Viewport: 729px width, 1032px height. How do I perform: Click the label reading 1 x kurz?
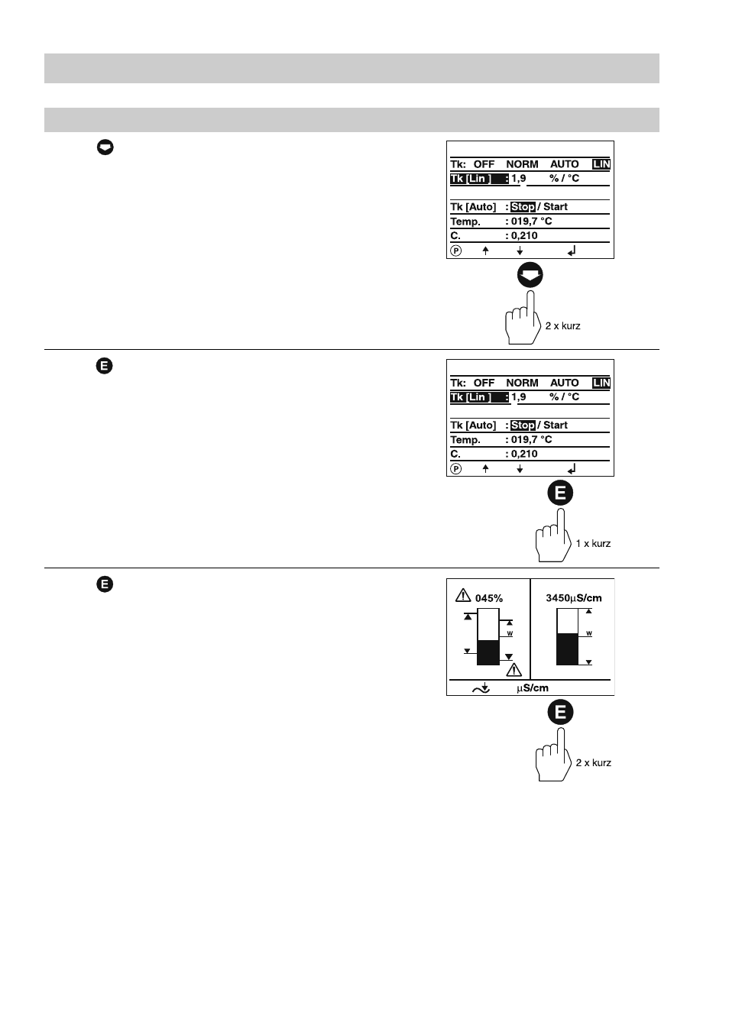pos(593,544)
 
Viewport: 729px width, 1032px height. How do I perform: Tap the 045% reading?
pos(489,598)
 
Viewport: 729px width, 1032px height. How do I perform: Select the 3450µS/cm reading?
pos(574,598)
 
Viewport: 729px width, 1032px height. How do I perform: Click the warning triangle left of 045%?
pos(463,595)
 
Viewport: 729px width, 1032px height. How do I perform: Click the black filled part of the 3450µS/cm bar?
pos(567,649)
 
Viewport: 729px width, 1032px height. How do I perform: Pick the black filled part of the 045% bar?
pos(488,653)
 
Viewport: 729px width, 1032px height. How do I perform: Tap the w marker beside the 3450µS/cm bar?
pos(589,633)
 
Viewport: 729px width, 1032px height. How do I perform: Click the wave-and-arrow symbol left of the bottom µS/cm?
pos(481,688)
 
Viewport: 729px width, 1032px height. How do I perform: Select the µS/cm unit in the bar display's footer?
pos(533,688)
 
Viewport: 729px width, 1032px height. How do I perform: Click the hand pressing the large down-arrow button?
pos(523,318)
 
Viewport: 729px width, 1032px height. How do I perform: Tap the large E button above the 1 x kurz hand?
pos(560,493)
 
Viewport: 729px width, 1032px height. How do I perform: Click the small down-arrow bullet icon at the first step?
pos(105,147)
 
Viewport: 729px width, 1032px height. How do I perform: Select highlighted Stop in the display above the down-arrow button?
pos(523,207)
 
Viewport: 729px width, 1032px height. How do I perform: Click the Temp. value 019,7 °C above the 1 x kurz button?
pos(531,439)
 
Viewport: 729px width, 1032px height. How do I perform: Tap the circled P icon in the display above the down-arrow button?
pos(455,251)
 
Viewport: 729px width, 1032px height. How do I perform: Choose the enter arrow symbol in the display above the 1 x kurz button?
pos(572,469)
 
